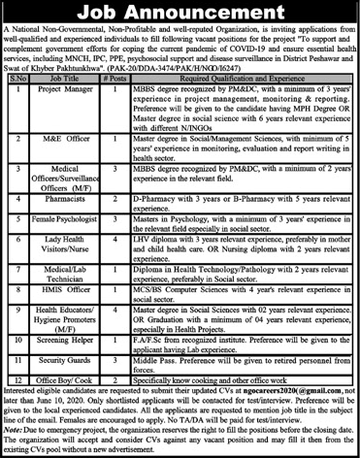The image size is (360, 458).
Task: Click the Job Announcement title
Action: (180, 15)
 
